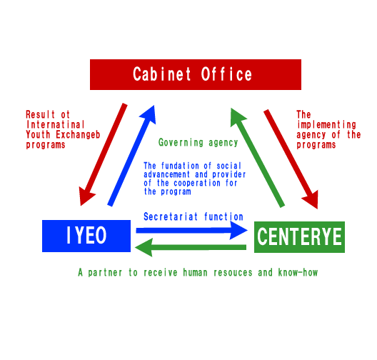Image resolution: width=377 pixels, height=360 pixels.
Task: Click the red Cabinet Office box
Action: [196, 74]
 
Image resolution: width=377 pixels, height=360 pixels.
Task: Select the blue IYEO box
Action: [86, 236]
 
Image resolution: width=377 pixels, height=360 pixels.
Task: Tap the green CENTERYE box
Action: [299, 237]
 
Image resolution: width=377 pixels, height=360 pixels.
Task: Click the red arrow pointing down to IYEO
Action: [103, 154]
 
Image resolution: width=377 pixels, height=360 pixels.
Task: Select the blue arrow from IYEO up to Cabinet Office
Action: [132, 156]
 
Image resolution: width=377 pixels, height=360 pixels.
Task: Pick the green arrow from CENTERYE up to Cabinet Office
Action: [258, 158]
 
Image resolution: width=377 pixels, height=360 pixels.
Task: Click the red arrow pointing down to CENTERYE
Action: [291, 159]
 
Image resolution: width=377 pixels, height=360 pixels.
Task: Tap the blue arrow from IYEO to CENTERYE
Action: [191, 231]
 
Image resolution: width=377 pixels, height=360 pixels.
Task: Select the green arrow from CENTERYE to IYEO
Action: [191, 247]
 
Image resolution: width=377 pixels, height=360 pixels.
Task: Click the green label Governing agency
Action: [198, 143]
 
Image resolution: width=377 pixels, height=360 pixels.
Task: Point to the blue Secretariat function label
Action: [193, 216]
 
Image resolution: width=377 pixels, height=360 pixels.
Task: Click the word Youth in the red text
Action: [38, 135]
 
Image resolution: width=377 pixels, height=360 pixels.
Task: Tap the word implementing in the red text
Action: [326, 124]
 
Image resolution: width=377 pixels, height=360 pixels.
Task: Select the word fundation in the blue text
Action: [180, 166]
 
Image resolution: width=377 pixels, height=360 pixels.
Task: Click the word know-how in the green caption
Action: [298, 272]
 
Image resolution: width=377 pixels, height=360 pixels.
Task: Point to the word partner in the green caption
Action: [105, 273]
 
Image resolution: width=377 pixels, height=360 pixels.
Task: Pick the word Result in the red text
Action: [41, 114]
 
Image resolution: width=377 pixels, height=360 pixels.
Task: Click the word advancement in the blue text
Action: [167, 174]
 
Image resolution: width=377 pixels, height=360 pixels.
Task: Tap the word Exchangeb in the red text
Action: [78, 135]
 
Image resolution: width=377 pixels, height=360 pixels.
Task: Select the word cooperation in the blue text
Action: [197, 184]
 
